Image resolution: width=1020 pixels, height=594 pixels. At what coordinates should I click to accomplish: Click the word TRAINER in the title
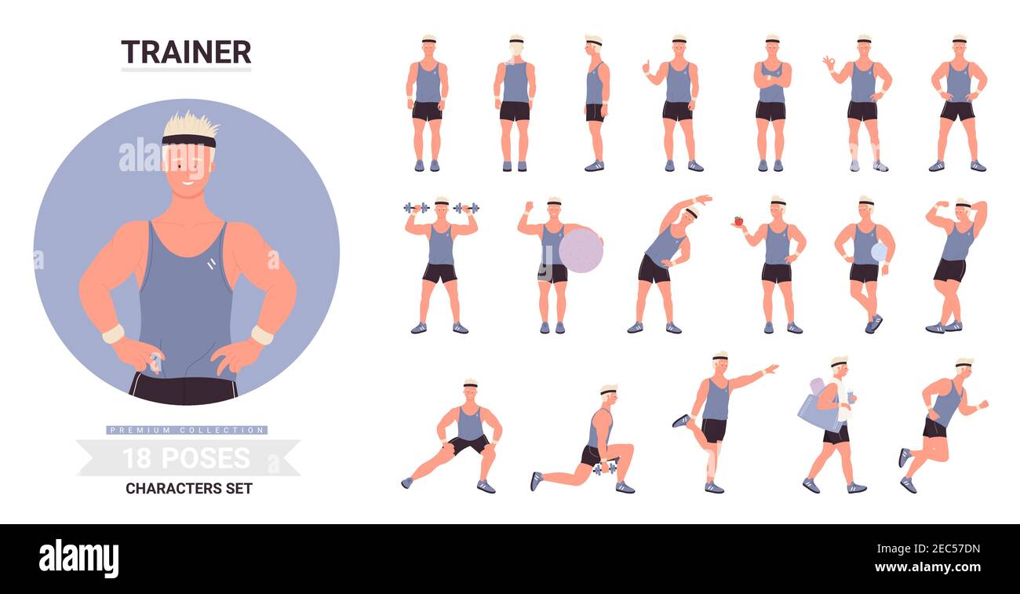186,52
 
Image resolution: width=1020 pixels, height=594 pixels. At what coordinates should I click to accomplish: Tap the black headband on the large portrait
188,140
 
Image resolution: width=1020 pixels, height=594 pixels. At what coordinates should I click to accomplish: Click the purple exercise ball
581,250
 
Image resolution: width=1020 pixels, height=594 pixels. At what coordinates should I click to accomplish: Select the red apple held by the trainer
738,221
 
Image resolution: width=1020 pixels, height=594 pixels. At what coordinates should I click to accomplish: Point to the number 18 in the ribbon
137,458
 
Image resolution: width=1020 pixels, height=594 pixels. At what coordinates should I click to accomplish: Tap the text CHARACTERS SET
188,488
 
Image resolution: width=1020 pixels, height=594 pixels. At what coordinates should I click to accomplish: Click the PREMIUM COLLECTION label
187,430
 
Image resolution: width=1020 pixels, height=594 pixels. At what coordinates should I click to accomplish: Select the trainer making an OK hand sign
862,102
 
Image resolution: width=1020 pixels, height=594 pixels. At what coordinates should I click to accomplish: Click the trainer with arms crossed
771,102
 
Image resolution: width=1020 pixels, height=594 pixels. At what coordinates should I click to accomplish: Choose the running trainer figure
942,424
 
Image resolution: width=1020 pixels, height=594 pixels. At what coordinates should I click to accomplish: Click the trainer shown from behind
515,102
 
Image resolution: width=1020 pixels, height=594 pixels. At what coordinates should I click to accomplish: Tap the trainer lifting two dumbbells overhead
440,263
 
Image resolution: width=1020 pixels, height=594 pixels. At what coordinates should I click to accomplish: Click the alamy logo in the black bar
78,559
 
